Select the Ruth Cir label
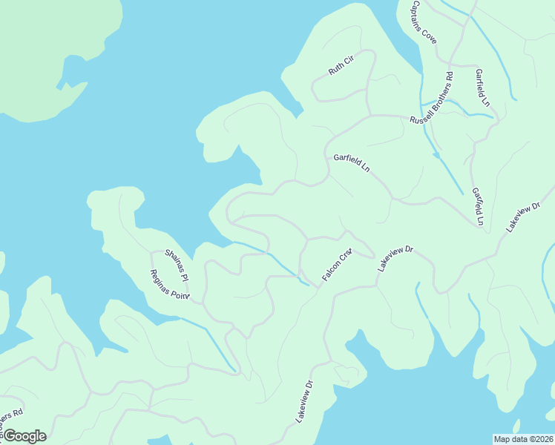tap(341, 67)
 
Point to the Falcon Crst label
tap(336, 265)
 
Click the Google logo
tap(24, 436)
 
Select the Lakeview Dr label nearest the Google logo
tap(305, 402)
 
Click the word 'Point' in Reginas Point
tap(180, 294)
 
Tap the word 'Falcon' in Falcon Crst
tap(330, 271)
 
